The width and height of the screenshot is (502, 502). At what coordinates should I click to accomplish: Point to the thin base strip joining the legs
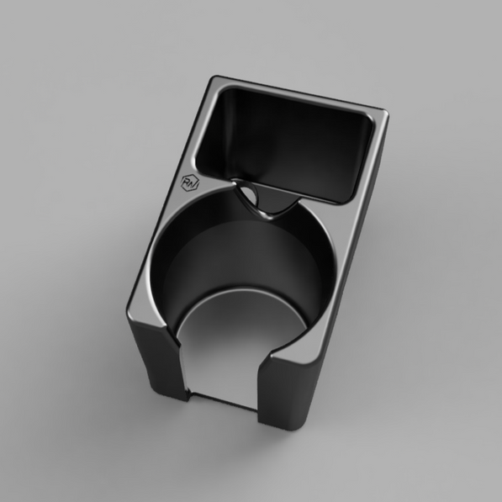point(220,401)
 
